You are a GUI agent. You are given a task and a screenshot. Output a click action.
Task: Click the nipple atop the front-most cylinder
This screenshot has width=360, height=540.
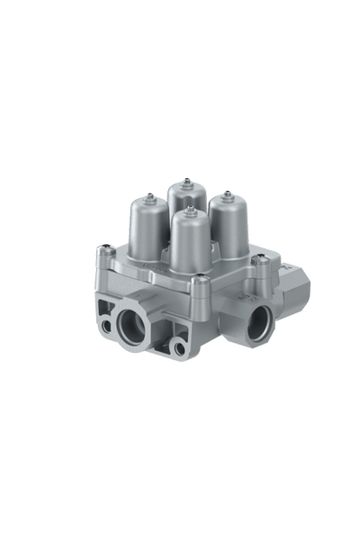(190, 209)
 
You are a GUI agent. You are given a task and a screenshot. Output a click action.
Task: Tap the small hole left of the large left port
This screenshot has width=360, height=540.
(108, 326)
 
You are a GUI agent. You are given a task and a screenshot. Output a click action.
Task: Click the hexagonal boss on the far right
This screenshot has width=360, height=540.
(295, 289)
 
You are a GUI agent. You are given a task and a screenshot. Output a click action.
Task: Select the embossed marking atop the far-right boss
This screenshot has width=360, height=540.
(286, 267)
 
